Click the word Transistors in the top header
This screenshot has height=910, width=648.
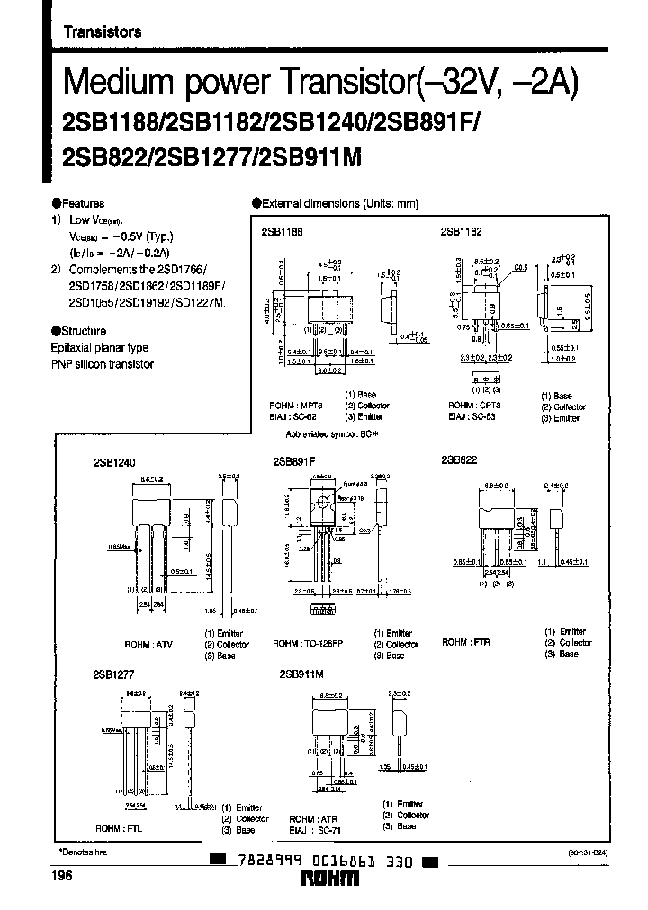(102, 31)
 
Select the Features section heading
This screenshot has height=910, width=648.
(81, 204)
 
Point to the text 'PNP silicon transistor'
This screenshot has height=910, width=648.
(102, 364)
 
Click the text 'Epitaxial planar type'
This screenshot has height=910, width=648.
(100, 348)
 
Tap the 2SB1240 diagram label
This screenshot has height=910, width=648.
(113, 461)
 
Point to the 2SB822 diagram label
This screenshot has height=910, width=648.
(459, 459)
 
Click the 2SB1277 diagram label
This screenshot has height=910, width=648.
(111, 672)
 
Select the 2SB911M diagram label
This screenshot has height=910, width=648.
(301, 673)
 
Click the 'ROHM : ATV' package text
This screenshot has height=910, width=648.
(148, 645)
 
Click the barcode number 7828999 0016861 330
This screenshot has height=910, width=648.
(324, 861)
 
